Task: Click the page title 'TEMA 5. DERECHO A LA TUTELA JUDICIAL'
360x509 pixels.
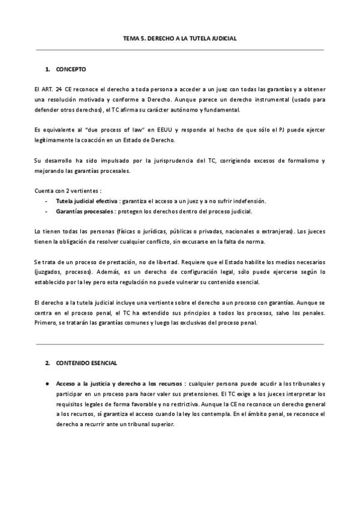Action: click(179, 38)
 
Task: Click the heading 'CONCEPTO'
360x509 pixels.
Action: click(71, 70)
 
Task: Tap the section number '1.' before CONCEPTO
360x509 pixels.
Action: click(47, 70)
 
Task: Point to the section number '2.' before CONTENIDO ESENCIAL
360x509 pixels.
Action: click(47, 364)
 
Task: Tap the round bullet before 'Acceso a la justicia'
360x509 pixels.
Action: click(47, 383)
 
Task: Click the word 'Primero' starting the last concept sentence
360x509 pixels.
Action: click(46, 323)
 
